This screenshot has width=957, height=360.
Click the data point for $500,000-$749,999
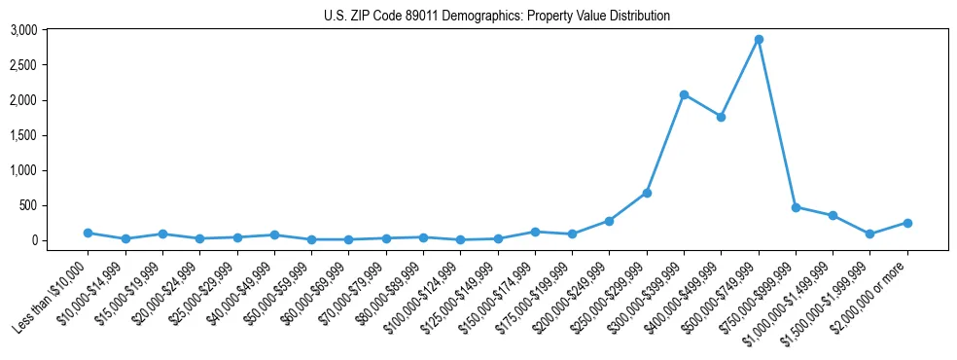pyautogui.click(x=759, y=40)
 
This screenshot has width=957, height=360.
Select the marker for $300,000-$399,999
pyautogui.click(x=684, y=94)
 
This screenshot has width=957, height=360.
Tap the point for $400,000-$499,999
pyautogui.click(x=721, y=117)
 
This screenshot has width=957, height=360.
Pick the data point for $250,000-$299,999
pyautogui.click(x=647, y=193)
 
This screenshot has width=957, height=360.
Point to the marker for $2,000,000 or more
pyautogui.click(x=907, y=223)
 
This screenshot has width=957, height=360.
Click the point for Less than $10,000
pyautogui.click(x=89, y=233)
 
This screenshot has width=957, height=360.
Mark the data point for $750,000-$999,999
pyautogui.click(x=796, y=207)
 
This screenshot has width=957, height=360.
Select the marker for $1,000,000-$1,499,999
pyautogui.click(x=833, y=215)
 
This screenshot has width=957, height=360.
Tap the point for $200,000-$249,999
pyautogui.click(x=609, y=221)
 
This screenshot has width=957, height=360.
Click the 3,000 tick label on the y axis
pyautogui.click(x=24, y=30)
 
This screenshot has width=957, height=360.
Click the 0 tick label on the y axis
pyautogui.click(x=34, y=240)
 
